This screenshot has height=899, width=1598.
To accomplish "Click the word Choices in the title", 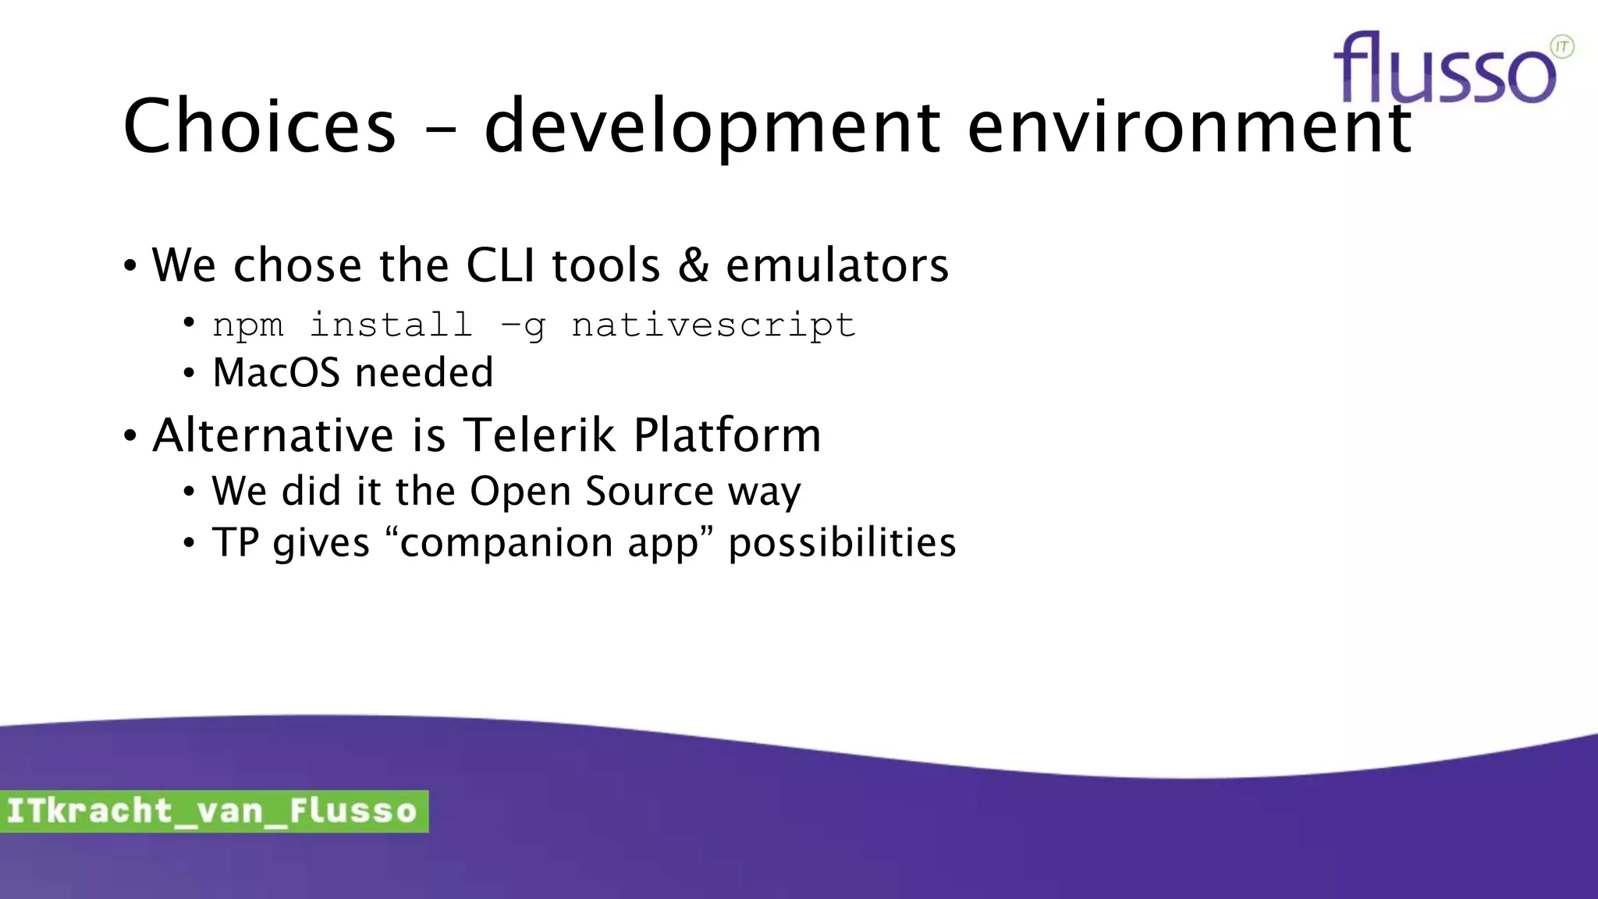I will coord(259,126).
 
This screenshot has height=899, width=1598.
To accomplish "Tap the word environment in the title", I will coord(1189,126).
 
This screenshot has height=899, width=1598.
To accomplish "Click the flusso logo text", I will coord(1444,70).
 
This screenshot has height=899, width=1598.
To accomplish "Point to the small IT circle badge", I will coord(1562,47).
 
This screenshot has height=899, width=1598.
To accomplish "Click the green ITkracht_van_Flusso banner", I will coord(213,811).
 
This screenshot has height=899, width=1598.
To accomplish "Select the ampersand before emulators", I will coord(693,265).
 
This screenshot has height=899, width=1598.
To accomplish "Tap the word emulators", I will coord(837,265).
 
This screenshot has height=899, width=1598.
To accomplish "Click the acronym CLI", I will coord(500,265).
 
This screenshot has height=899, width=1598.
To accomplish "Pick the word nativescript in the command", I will coord(713,325).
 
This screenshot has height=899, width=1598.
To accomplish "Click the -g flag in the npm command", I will coord(522,325).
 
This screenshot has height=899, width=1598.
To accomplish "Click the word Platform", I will coord(727,435).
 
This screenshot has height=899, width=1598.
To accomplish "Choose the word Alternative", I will coord(273,435).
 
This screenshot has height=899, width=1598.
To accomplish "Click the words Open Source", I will coord(591,492).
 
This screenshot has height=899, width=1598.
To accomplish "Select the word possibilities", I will coord(842,542).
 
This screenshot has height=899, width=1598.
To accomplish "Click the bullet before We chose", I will coord(130,266).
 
